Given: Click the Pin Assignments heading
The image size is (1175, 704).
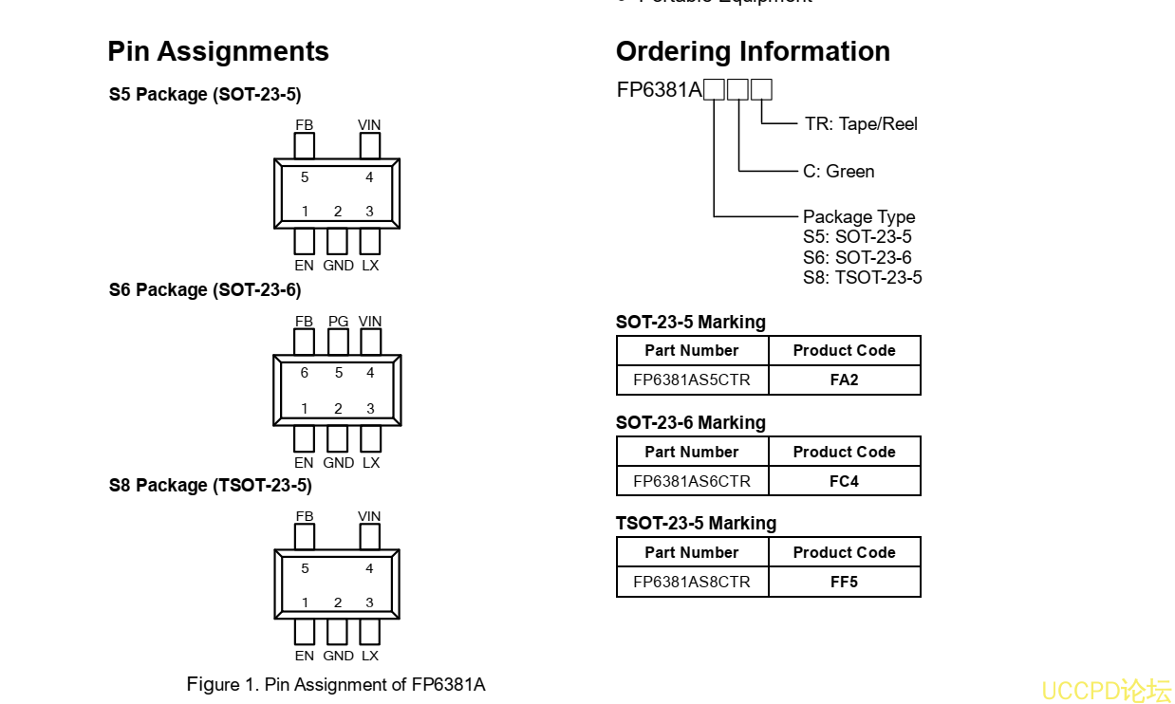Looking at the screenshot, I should click(x=218, y=51).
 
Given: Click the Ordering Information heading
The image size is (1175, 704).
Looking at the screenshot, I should click(x=753, y=51).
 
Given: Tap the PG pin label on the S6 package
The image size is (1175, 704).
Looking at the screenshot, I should click(x=338, y=322).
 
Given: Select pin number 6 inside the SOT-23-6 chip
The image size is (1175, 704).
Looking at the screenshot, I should click(x=305, y=373).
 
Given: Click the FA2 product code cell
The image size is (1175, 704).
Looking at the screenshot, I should click(x=844, y=380).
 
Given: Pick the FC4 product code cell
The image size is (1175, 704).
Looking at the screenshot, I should click(x=844, y=481).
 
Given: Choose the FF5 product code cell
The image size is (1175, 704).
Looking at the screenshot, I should click(x=844, y=582).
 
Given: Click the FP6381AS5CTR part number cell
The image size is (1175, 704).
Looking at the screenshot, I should click(x=692, y=380).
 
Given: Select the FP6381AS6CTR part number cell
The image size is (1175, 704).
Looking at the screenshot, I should click(x=692, y=481).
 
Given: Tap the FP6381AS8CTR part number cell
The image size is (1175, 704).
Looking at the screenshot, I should click(x=692, y=582).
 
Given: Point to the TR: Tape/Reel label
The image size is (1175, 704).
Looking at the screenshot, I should click(x=861, y=124).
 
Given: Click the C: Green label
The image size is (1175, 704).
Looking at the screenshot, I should click(x=838, y=172).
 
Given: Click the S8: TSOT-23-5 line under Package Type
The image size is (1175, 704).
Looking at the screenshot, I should click(x=862, y=278).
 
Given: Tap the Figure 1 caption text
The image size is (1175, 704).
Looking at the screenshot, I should click(x=336, y=684).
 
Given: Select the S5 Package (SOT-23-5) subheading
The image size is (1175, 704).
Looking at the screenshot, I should click(x=205, y=95).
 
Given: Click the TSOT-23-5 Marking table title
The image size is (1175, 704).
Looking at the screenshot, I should click(x=696, y=524).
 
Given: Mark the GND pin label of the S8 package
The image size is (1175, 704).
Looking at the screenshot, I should click(x=338, y=656).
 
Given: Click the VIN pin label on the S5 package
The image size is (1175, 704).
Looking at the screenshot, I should click(x=369, y=125).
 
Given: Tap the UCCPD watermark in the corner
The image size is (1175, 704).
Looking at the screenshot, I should click(x=1107, y=690).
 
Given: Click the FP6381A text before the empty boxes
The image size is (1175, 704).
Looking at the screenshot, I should click(x=660, y=90).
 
